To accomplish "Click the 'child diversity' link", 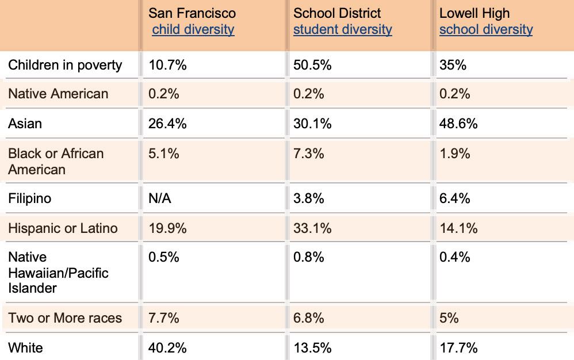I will coord(193,29).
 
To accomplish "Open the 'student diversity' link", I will coord(342,29).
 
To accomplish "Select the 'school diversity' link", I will coord(486,29).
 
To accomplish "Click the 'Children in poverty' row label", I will coord(65,65).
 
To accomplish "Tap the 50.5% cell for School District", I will coord(312,65).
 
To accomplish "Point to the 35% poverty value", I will coord(453,65).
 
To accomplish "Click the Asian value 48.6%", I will coord(458,124).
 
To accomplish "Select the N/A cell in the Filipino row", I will coord(160,198).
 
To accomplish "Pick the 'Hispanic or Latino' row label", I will coord(63,228).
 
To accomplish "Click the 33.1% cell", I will coord(312,228).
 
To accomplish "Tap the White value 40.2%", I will coord(167,347).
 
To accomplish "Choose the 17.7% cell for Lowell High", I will coord(458,347).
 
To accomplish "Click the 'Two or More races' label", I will coord(65,317).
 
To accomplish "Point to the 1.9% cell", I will coord(455,154).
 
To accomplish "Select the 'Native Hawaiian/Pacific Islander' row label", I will coord(58,272).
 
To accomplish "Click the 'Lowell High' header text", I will coord(474,13).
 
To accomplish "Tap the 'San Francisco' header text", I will coord(192,13).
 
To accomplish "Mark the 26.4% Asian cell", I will coord(167,124).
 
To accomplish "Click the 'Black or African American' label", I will coord(56,162).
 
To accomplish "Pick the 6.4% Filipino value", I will coord(455,198).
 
